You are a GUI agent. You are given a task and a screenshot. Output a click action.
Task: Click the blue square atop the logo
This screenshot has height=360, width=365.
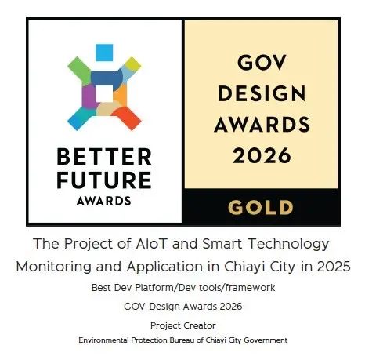coord(105,53)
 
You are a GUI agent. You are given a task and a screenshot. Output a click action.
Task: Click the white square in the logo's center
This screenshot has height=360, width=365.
coord(105,95)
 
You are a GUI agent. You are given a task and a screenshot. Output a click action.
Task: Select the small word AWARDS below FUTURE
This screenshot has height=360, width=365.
coord(105,200)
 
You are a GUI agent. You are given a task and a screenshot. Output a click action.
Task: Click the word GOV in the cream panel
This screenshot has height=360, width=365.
coord(261,65)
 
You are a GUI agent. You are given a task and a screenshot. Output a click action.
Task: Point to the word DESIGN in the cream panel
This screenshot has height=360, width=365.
coord(261,94)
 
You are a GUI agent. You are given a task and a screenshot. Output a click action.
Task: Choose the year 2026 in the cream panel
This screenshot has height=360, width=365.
coord(261,154)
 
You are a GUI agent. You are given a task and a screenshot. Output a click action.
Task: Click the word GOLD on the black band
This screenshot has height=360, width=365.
coord(261,207)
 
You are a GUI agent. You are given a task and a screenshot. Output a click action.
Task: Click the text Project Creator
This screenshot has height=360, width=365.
coord(182,324)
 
